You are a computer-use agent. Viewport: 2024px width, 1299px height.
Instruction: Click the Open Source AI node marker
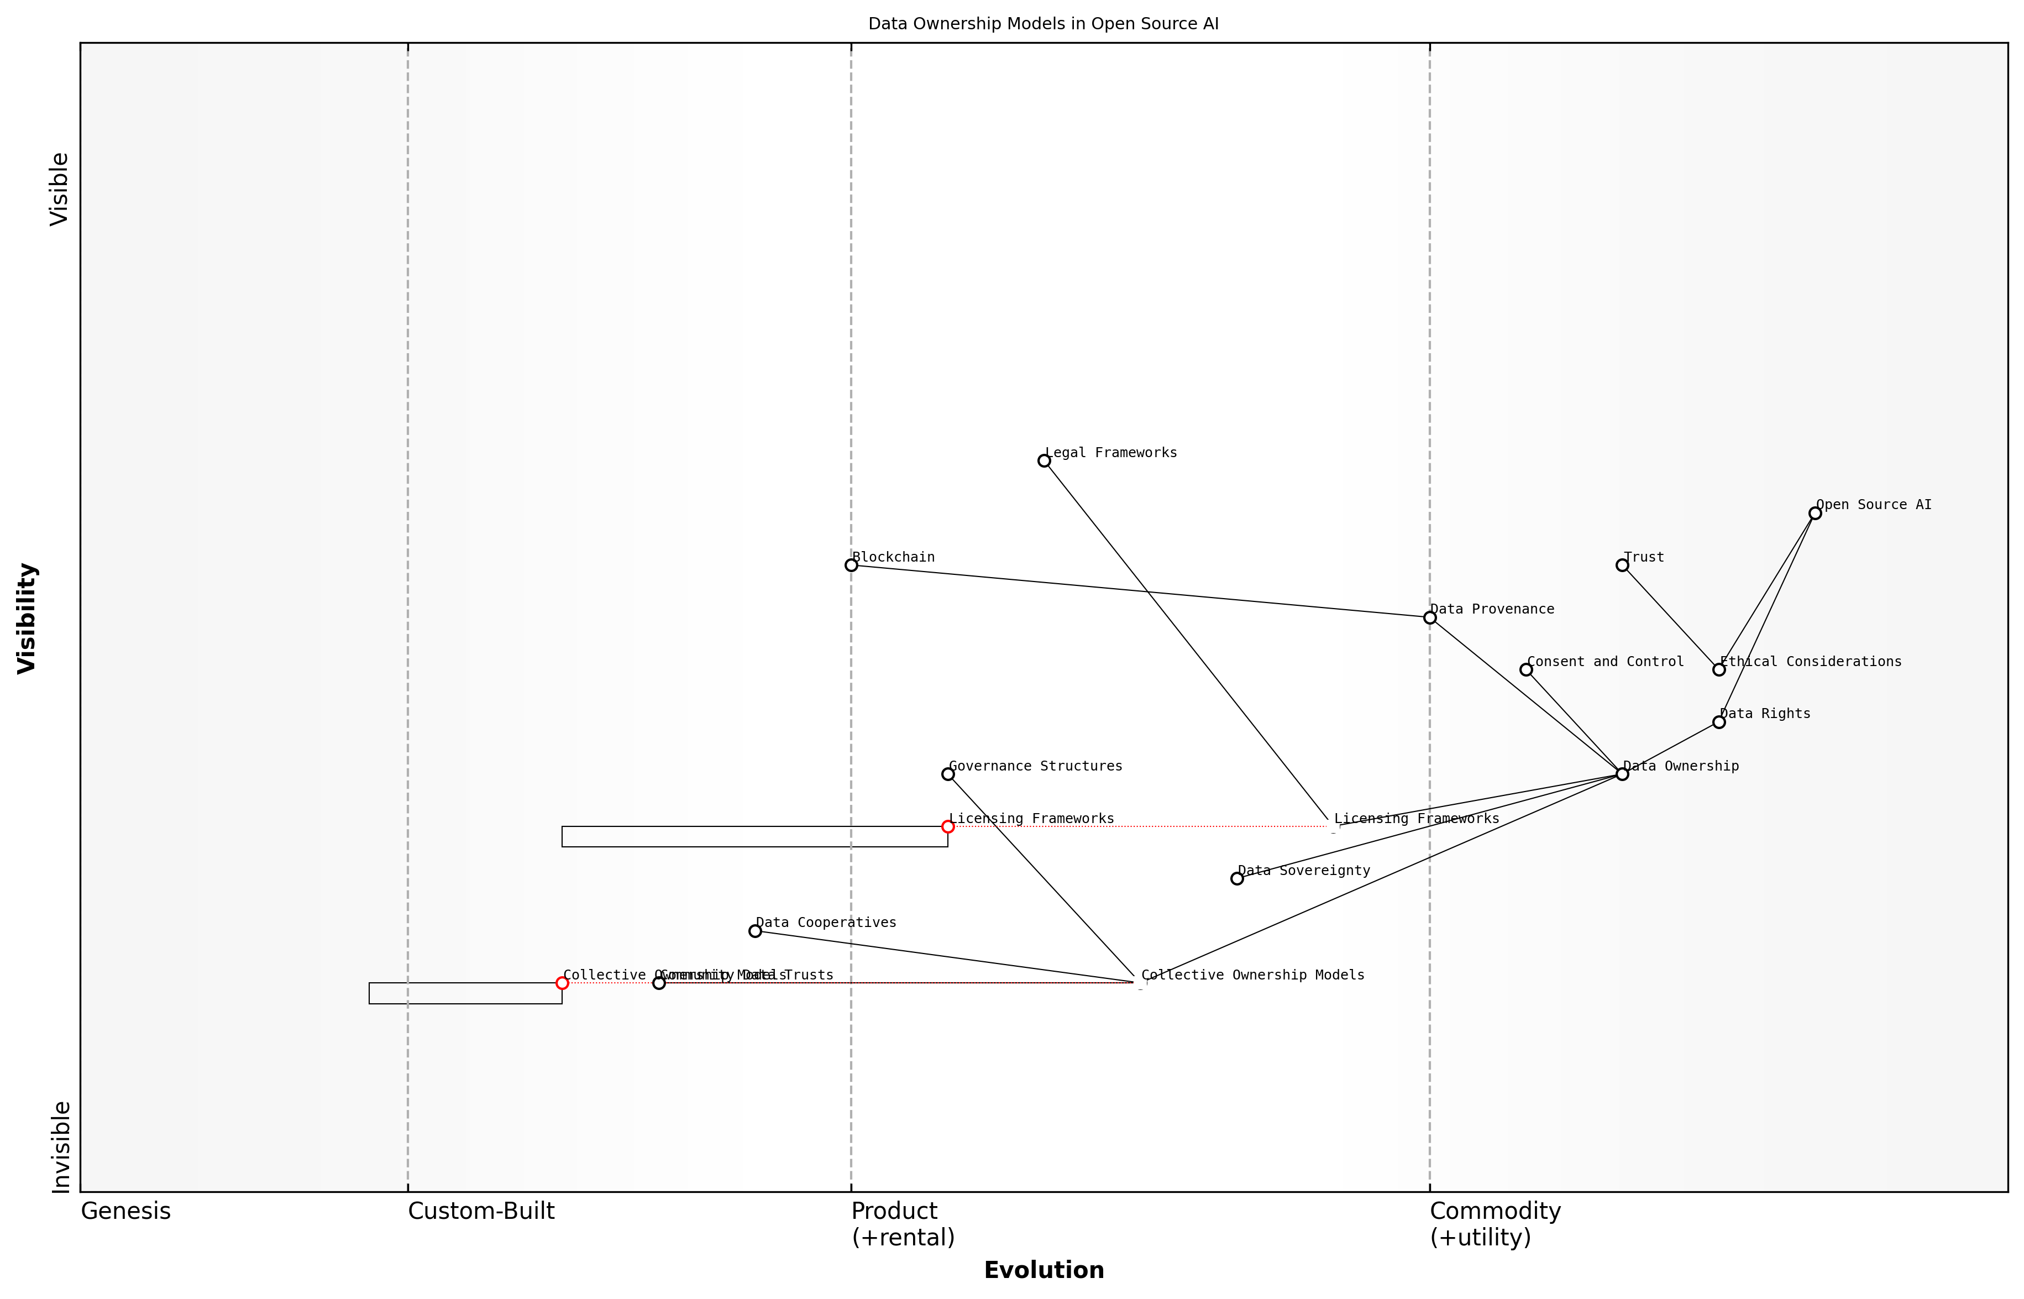click(x=1815, y=513)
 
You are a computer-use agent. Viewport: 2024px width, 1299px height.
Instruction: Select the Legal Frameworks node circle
click(x=1044, y=460)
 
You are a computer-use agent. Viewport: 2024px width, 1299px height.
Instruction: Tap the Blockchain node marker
click(x=851, y=565)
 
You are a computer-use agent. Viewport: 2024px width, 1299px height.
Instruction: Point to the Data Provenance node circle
click(x=1429, y=617)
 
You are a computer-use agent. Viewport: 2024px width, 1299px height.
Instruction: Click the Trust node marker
click(x=1622, y=565)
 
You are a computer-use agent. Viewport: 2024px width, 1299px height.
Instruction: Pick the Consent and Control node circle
click(x=1525, y=670)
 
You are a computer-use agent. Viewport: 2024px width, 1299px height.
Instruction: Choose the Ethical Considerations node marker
click(x=1719, y=670)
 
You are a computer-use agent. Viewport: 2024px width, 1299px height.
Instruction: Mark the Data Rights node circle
click(x=1719, y=722)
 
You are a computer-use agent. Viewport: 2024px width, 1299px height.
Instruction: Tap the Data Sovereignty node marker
click(x=1236, y=879)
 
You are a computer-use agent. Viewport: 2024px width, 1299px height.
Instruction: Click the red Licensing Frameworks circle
click(x=948, y=826)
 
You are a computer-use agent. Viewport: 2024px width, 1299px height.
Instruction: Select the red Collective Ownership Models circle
click(x=563, y=983)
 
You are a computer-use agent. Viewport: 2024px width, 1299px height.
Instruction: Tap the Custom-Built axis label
click(x=481, y=1211)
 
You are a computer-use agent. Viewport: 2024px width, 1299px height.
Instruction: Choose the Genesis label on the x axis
click(x=125, y=1211)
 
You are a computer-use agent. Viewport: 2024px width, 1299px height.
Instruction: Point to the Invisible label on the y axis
click(x=60, y=1147)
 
